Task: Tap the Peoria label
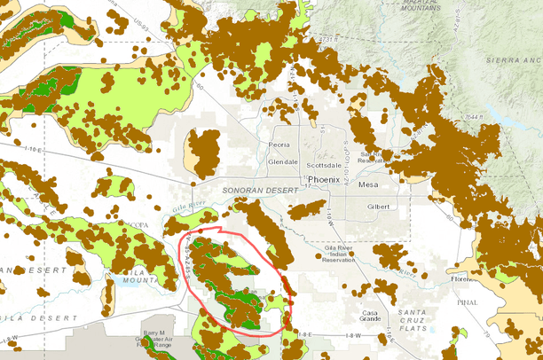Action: click(x=279, y=145)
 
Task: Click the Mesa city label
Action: click(x=367, y=185)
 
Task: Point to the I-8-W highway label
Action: click(x=351, y=336)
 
